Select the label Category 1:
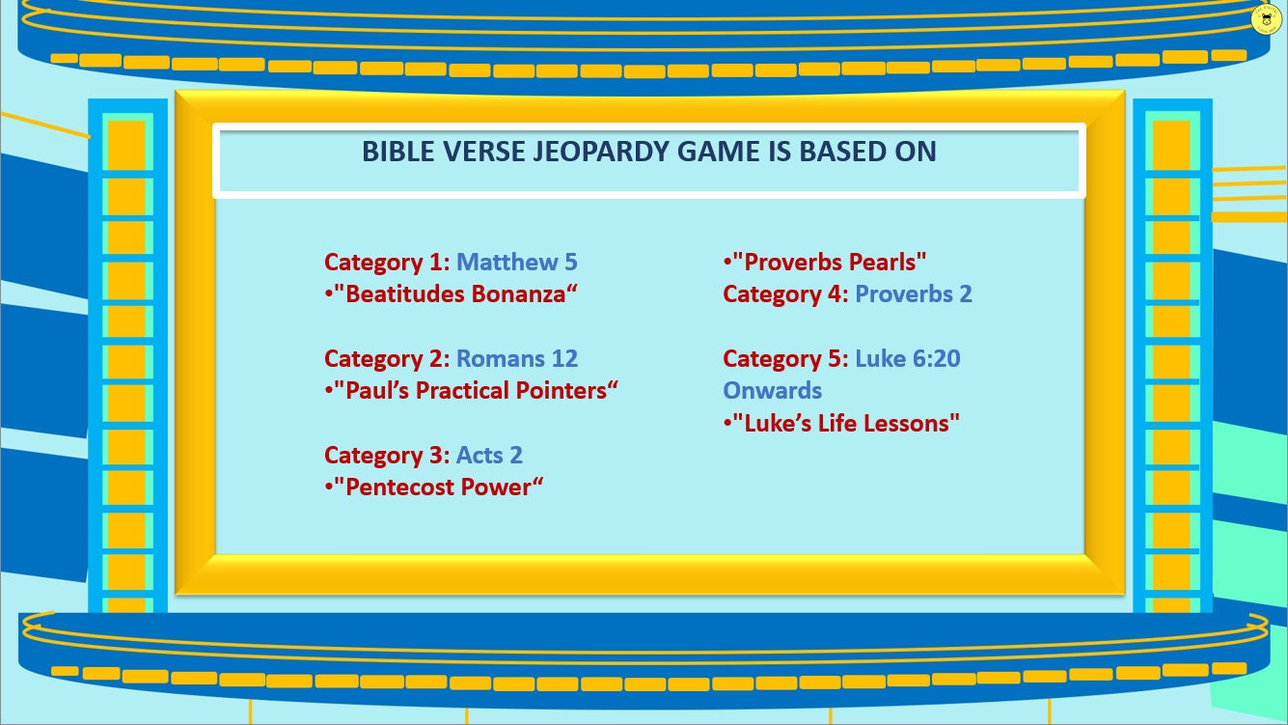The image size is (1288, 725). (x=387, y=262)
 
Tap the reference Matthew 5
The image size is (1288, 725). (x=517, y=262)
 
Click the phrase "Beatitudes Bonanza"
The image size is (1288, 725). (x=456, y=294)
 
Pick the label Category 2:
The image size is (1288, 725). (x=387, y=358)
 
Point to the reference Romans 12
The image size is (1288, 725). (x=517, y=358)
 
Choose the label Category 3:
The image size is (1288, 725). (x=387, y=455)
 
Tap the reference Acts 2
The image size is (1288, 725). (x=490, y=455)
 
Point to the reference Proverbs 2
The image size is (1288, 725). (x=914, y=294)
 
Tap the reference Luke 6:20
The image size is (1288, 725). (x=908, y=358)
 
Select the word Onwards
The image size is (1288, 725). (x=773, y=391)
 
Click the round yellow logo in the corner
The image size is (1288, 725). (x=1267, y=19)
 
